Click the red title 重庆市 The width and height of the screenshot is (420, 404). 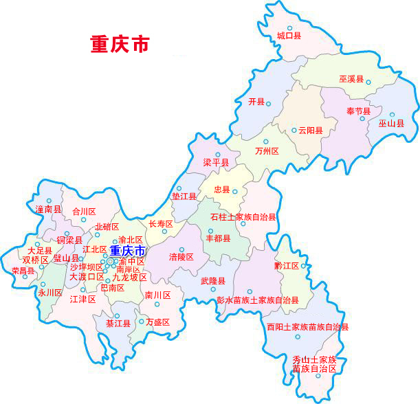[x=120, y=44]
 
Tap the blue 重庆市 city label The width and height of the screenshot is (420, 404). [x=128, y=251]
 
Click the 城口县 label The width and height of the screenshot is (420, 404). [x=289, y=35]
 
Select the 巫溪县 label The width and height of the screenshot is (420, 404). [x=351, y=80]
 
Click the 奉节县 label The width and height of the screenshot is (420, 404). [x=358, y=111]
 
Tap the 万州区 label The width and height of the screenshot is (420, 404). [x=266, y=151]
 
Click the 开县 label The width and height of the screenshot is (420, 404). [x=256, y=102]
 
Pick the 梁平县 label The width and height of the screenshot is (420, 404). [x=216, y=163]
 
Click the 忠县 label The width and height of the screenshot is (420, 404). [x=222, y=190]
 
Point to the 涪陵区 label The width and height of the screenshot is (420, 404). [x=181, y=257]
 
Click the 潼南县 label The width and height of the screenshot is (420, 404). [x=48, y=208]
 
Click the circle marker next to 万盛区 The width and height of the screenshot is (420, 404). [x=141, y=321]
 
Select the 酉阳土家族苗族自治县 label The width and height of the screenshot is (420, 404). [x=307, y=327]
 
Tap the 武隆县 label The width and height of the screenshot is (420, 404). [x=213, y=281]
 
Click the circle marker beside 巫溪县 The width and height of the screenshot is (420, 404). [x=368, y=82]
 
